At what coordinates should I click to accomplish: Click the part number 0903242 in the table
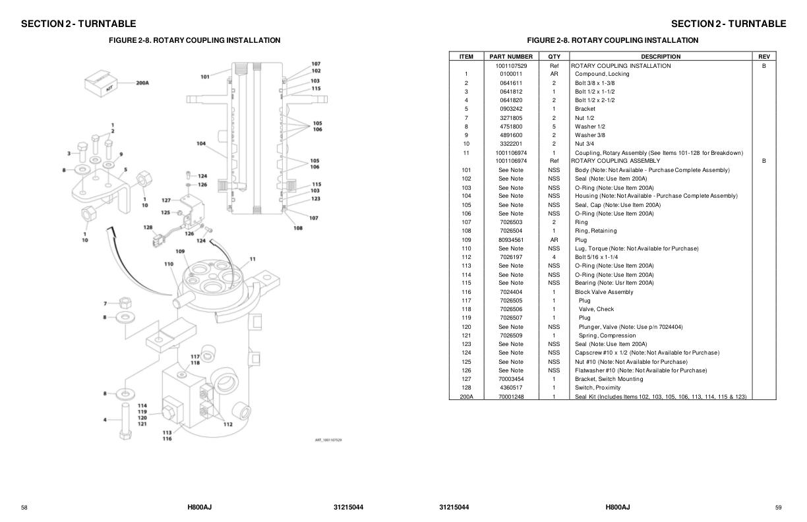[510, 109]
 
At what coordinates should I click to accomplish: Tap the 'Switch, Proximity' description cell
[597, 388]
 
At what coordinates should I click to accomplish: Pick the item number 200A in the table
[466, 397]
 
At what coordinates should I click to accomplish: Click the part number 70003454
[510, 379]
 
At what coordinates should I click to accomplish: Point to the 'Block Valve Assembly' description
[603, 292]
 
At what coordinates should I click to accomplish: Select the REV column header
[763, 57]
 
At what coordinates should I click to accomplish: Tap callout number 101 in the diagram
[205, 77]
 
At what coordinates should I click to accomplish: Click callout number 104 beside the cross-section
[201, 143]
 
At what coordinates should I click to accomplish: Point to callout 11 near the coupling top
[252, 259]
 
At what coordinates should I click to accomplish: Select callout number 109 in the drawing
[180, 251]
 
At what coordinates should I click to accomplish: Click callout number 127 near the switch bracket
[166, 200]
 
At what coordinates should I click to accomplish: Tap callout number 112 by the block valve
[227, 424]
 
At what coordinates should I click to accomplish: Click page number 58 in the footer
[24, 507]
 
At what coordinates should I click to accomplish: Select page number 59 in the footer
[779, 507]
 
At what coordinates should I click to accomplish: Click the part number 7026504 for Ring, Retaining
[510, 231]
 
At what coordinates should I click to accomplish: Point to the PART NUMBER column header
[510, 57]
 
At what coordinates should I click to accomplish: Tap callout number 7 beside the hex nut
[105, 303]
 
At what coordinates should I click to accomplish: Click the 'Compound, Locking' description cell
[601, 74]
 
